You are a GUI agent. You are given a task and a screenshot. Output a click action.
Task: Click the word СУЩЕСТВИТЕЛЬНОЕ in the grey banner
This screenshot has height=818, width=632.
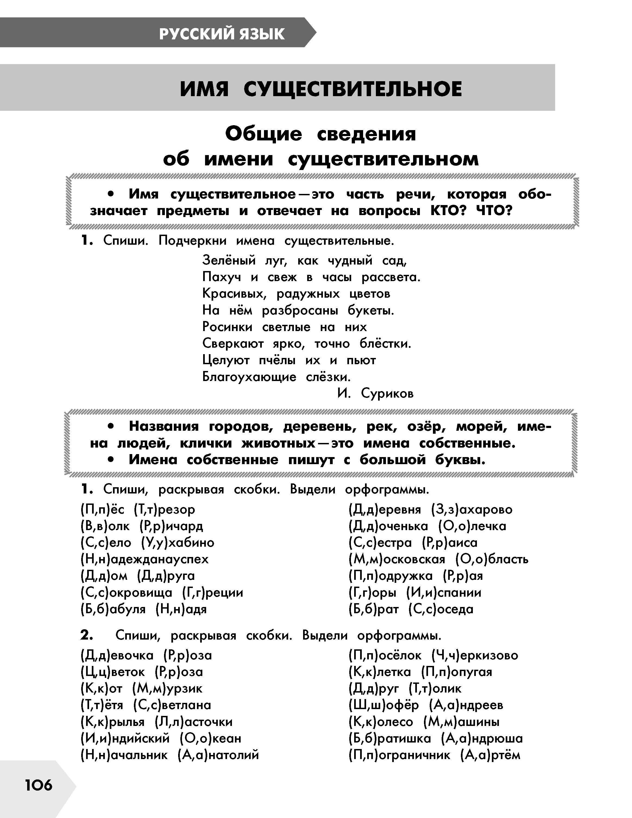tap(353, 89)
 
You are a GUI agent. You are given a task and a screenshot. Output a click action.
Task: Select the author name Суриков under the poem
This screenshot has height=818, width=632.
tap(387, 393)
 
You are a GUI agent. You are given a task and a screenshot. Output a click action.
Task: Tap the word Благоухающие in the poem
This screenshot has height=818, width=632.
tap(249, 377)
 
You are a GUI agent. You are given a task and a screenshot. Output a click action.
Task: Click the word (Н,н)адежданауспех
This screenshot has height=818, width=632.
tap(144, 559)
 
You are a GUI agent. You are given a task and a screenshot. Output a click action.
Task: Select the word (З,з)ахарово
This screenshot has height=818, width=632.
tap(472, 509)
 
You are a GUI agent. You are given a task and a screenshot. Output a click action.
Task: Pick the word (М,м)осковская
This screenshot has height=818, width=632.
tap(397, 559)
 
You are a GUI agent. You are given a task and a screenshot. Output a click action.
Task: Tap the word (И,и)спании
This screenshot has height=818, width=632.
tap(444, 593)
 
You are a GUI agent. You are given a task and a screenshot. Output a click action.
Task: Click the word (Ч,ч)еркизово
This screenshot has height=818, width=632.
tap(475, 655)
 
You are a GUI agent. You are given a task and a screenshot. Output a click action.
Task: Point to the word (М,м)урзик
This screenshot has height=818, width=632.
tap(168, 688)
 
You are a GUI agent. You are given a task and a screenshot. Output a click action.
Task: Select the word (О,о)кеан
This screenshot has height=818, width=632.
tap(210, 738)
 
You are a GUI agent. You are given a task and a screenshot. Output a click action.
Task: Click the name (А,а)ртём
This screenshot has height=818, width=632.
tap(490, 755)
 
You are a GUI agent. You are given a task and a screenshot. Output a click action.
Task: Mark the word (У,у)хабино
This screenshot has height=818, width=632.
tap(178, 543)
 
